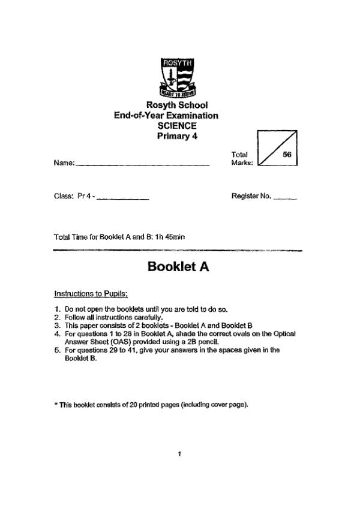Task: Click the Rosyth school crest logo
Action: coord(177,77)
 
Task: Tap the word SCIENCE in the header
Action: coord(177,125)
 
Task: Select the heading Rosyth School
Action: coord(177,106)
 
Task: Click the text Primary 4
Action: coord(177,135)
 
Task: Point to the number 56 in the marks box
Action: coord(286,154)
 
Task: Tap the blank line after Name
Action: coord(143,165)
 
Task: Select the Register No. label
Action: coord(251,196)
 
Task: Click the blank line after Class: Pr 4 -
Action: coord(122,198)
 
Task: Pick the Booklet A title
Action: coord(178,267)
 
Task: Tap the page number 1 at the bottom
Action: coord(179,454)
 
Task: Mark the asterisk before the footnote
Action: coord(55,404)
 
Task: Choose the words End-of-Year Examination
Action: coord(166,116)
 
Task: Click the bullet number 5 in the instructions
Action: coord(56,350)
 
